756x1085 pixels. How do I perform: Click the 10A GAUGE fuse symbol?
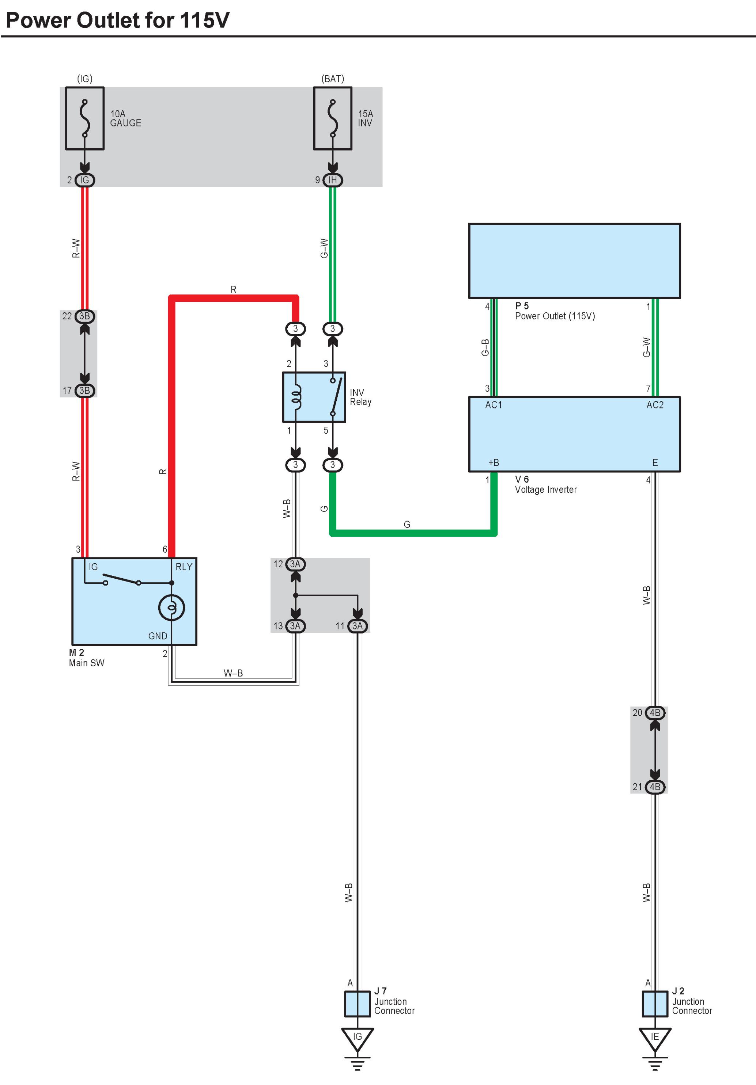pos(85,118)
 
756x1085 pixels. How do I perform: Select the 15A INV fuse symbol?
pos(333,118)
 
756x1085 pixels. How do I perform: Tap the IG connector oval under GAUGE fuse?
pos(85,180)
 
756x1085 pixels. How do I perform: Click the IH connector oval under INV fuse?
pos(333,180)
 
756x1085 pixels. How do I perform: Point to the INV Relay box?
pos(314,397)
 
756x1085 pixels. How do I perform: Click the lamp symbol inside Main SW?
pos(171,607)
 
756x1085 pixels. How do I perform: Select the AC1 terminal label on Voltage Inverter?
pos(494,405)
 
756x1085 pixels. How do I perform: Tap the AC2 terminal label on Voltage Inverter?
pos(655,405)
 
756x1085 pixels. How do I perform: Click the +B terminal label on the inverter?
pos(494,462)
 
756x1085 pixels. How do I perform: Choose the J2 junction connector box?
pos(655,1004)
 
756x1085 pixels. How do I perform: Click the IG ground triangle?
pos(358,1038)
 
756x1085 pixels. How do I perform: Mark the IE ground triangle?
pos(655,1038)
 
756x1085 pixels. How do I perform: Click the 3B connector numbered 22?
pos(85,316)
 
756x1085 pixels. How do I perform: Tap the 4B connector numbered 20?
pos(655,713)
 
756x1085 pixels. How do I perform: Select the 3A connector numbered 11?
pos(358,626)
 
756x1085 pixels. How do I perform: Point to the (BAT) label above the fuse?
pos(333,79)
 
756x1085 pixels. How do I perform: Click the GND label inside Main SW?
pos(158,636)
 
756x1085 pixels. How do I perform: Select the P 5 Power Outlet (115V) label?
pos(554,311)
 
